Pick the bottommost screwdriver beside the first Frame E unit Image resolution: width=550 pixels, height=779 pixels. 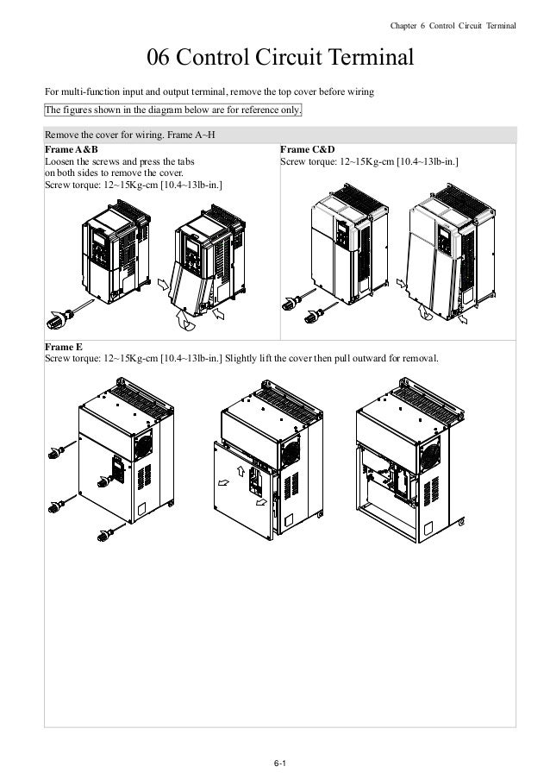[106, 535]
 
